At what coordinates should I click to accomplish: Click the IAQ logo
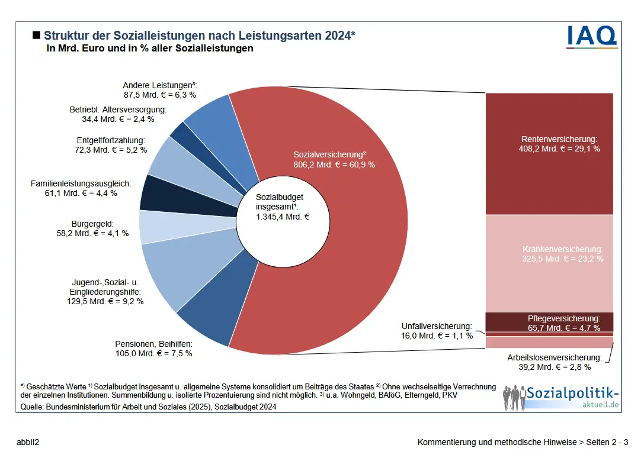pos(592,36)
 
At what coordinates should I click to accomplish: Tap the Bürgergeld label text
pos(92,224)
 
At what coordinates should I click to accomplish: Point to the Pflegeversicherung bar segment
pos(549,323)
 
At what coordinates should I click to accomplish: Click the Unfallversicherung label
pos(437,326)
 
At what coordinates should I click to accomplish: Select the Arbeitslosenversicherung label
pos(554,358)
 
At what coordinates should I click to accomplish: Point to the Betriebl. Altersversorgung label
pos(118,110)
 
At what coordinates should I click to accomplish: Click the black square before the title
pos(36,36)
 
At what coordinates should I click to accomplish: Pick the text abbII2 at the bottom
pos(28,442)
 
